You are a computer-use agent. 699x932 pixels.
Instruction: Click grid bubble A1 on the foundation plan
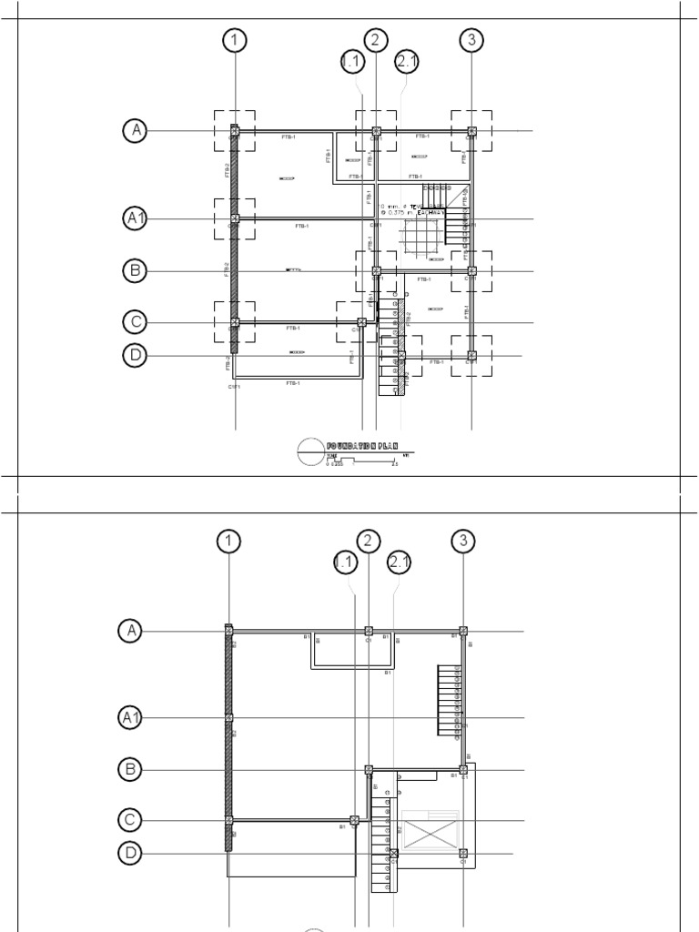pos(136,218)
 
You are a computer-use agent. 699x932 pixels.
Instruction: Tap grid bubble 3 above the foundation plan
pos(471,40)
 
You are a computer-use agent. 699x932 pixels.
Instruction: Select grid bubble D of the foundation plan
pos(136,356)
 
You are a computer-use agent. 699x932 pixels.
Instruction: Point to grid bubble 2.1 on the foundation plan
pos(406,62)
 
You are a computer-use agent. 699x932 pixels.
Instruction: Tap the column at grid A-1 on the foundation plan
pos(235,131)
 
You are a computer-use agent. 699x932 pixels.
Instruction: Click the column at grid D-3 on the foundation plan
pos(471,356)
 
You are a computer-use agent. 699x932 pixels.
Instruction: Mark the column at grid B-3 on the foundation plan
pos(471,270)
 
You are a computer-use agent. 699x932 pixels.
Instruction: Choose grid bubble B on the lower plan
pos(130,770)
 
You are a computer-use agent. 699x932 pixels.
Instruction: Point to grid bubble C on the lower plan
pos(130,821)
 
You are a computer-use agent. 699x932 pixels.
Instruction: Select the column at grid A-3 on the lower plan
pos(463,631)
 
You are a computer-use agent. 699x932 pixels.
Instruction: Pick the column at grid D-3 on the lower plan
pos(463,854)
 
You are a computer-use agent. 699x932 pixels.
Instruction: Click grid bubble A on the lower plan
pos(130,631)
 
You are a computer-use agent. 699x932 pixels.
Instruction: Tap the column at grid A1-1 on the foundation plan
pos(235,218)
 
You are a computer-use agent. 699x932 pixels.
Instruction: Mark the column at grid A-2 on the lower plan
pos(369,631)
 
